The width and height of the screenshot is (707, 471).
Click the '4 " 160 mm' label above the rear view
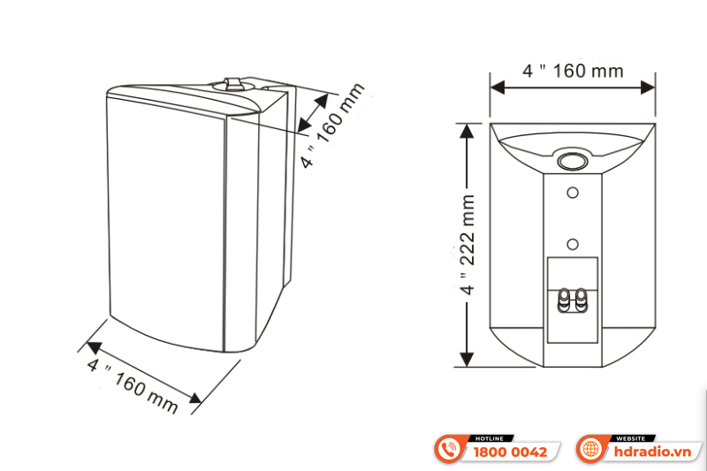point(573,71)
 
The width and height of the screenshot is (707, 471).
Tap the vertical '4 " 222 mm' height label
point(468,244)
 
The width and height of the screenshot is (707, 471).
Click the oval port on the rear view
point(573,161)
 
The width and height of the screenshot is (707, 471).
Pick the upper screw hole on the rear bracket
point(573,192)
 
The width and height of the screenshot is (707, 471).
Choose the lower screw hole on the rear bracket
point(573,244)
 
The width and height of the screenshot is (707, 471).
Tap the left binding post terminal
point(564,300)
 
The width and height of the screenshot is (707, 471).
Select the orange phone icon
point(451,450)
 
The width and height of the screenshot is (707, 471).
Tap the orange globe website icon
point(589,450)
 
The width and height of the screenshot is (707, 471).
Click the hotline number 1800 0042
point(511,452)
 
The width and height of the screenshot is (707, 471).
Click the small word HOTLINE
point(490,438)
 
